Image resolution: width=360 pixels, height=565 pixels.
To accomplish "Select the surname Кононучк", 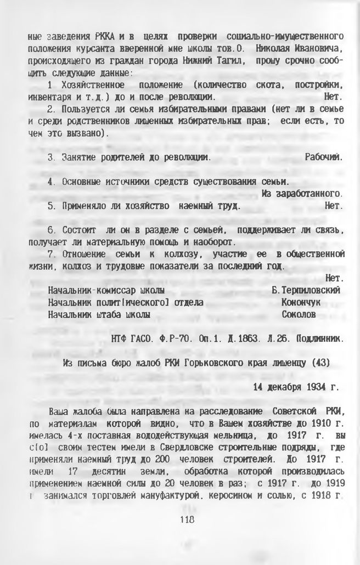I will (301, 302).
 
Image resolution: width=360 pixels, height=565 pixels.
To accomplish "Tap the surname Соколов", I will (299, 315).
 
